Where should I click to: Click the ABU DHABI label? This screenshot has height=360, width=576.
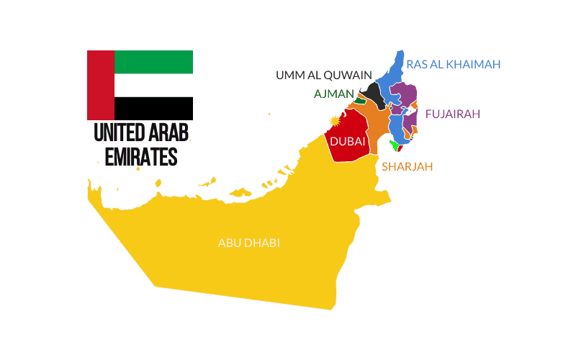[x=248, y=243]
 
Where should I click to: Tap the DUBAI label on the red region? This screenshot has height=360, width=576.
[x=347, y=142]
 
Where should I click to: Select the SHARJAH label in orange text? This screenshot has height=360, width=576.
[x=407, y=167]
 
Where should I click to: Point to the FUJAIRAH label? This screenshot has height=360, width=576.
[x=452, y=114]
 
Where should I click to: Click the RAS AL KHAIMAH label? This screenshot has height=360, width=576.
[x=453, y=64]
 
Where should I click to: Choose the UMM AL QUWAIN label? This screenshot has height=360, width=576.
[x=324, y=75]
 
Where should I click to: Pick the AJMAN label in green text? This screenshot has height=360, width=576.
[x=334, y=94]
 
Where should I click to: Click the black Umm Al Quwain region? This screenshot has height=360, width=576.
[x=373, y=94]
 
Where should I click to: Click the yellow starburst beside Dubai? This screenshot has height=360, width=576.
[x=334, y=121]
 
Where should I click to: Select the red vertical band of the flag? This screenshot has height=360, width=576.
[x=100, y=85]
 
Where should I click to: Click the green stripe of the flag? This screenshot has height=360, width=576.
[x=153, y=62]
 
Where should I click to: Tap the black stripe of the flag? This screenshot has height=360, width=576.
[x=153, y=108]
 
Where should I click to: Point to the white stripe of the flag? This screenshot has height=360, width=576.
[x=153, y=85]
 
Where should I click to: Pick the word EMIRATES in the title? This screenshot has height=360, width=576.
[x=141, y=156]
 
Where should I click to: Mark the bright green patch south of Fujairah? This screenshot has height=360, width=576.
[x=393, y=146]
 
